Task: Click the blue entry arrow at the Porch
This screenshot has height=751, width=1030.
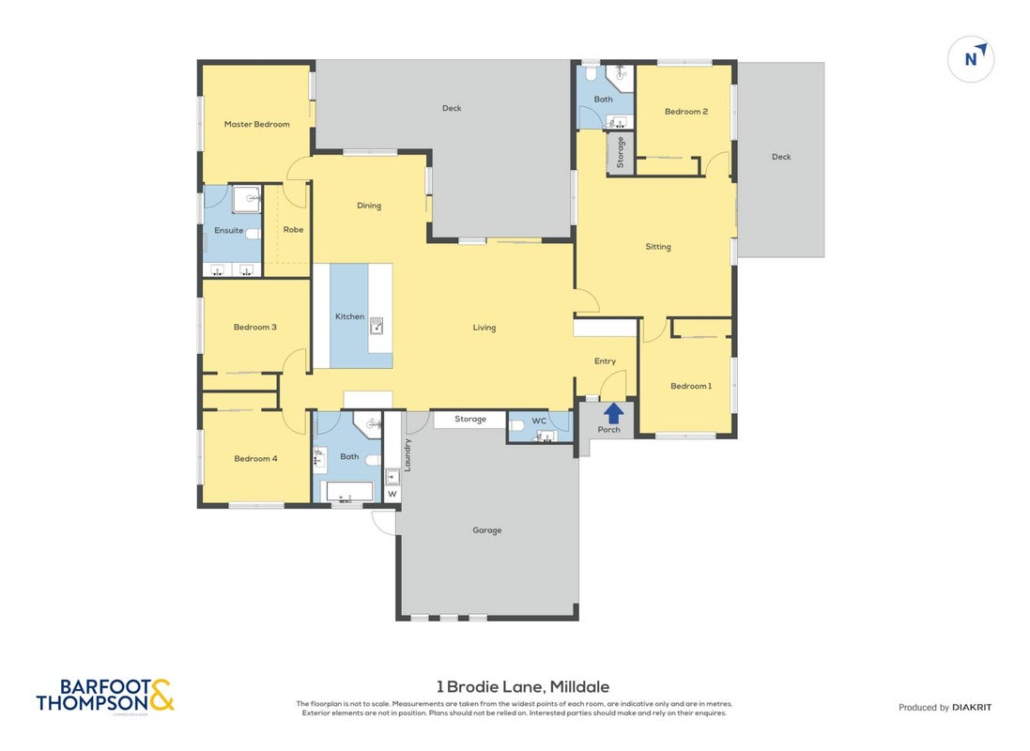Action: (x=613, y=413)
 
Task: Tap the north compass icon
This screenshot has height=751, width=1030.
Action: (x=971, y=58)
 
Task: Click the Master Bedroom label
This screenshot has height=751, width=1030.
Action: (x=257, y=124)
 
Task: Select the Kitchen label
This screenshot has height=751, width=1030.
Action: (x=349, y=316)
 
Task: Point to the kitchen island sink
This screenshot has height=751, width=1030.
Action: (x=377, y=326)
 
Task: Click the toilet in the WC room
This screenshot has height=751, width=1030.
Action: (x=517, y=426)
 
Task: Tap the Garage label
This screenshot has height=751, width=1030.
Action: (x=486, y=530)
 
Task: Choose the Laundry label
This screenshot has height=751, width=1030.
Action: (x=407, y=454)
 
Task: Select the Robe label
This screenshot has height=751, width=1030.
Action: (x=293, y=229)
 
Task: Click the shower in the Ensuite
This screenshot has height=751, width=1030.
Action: (x=247, y=198)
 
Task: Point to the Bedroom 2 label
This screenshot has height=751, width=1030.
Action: (x=685, y=112)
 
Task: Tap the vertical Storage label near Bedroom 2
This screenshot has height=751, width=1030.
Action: (x=620, y=152)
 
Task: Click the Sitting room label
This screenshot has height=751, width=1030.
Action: (x=657, y=247)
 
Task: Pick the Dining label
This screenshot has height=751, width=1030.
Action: (x=368, y=206)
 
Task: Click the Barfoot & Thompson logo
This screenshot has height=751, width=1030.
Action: (x=105, y=696)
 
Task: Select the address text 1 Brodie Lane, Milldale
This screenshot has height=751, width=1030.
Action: (x=523, y=686)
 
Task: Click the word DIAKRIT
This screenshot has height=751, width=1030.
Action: (x=972, y=708)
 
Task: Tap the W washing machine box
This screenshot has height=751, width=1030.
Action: (x=392, y=494)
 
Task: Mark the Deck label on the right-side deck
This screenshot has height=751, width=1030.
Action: (x=781, y=157)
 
